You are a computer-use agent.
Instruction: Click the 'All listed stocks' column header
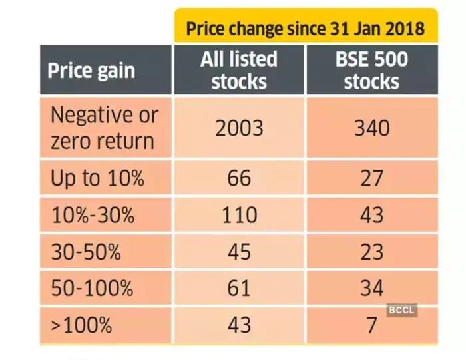pyautogui.click(x=239, y=70)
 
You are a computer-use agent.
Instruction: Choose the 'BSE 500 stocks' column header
pyautogui.click(x=371, y=70)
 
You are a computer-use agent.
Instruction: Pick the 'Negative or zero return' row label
pyautogui.click(x=105, y=128)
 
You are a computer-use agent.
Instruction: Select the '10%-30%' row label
pyautogui.click(x=93, y=215)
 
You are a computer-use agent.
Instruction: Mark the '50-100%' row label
pyautogui.click(x=92, y=288)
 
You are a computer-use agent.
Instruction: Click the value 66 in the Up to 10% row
pyautogui.click(x=239, y=178)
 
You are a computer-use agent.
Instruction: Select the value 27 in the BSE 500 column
pyautogui.click(x=371, y=178)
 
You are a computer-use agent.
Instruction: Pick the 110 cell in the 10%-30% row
pyautogui.click(x=239, y=215)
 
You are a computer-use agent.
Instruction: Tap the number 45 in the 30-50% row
pyautogui.click(x=239, y=252)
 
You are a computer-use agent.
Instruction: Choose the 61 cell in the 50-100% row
pyautogui.click(x=239, y=288)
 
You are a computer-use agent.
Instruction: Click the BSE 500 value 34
pyautogui.click(x=371, y=288)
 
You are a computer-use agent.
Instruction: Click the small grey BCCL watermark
pyautogui.click(x=402, y=309)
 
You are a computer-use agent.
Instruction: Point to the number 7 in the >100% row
pyautogui.click(x=371, y=325)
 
